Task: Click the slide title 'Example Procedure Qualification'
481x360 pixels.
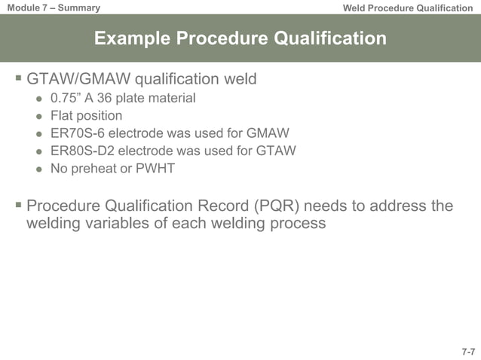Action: tap(240, 38)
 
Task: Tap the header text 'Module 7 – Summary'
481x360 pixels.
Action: tap(51, 8)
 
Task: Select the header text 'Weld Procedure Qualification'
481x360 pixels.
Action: tap(407, 8)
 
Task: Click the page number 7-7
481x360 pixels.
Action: tap(467, 352)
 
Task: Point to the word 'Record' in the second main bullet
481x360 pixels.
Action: tap(222, 206)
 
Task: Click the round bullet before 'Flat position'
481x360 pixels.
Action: tap(38, 117)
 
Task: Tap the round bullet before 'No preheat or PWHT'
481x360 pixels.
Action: tap(38, 169)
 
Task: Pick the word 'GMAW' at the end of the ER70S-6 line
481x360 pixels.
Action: tap(270, 134)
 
